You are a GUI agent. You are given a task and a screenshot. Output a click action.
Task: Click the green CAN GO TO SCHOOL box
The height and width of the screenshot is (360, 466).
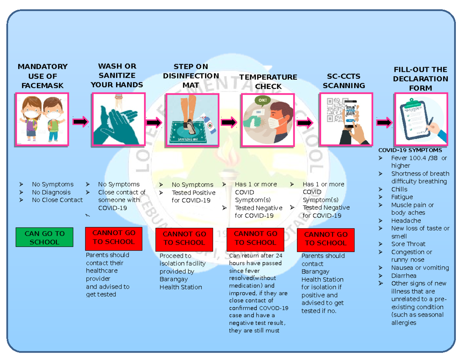(x=44, y=238)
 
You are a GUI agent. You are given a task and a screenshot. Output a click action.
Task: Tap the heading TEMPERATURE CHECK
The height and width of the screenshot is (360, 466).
(x=268, y=82)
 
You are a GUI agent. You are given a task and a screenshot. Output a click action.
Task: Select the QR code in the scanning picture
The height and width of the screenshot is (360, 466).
(x=334, y=110)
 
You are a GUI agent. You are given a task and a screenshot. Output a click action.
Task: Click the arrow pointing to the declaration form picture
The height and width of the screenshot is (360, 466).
(x=384, y=123)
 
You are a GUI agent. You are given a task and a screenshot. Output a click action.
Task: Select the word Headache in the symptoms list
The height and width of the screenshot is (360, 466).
(x=406, y=221)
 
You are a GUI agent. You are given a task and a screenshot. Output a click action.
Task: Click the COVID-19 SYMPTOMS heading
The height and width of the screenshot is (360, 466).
(x=410, y=150)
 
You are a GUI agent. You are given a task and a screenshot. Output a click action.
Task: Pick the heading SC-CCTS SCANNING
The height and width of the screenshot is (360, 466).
(x=344, y=81)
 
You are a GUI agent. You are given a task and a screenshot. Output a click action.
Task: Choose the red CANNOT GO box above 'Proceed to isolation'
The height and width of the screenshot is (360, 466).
(x=184, y=238)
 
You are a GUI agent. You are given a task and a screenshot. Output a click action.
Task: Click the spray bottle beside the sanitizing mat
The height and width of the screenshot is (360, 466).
(x=209, y=122)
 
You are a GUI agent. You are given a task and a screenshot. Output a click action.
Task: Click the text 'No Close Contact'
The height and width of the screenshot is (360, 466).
(x=57, y=200)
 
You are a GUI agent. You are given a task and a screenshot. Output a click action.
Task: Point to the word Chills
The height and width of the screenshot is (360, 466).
(x=399, y=189)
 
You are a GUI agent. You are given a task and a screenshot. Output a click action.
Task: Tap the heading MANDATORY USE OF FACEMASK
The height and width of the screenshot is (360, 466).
(x=42, y=76)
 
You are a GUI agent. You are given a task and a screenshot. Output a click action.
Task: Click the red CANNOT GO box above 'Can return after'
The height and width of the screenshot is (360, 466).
(x=255, y=238)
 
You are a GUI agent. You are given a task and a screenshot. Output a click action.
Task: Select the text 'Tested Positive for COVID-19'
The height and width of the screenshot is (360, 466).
(x=193, y=197)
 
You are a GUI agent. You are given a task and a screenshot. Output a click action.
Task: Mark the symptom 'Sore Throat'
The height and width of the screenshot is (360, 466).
(x=408, y=244)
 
